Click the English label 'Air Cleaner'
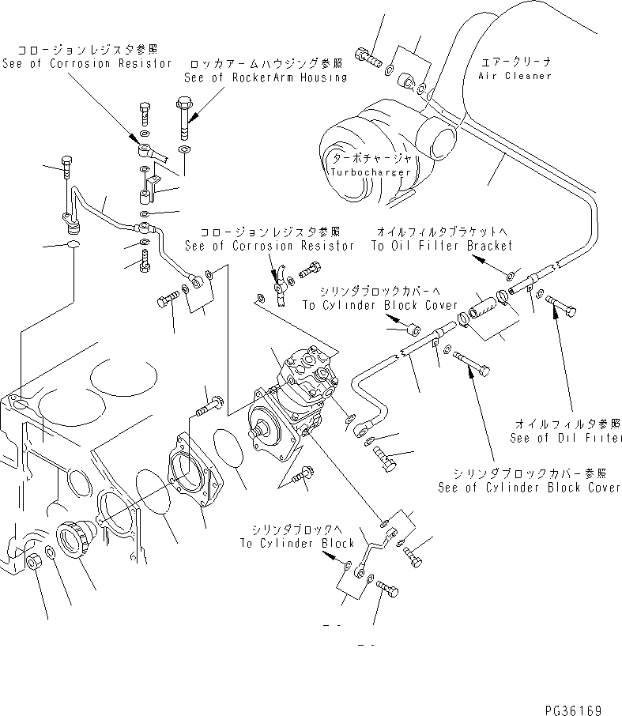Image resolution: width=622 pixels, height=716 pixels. [515, 76]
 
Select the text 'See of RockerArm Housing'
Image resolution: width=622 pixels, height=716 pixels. [265, 77]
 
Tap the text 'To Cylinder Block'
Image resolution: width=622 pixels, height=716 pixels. [298, 544]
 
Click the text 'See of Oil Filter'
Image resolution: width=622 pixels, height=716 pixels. [565, 438]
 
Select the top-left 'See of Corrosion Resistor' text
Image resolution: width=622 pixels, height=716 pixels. [87, 62]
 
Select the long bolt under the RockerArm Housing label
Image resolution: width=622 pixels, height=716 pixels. [183, 119]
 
